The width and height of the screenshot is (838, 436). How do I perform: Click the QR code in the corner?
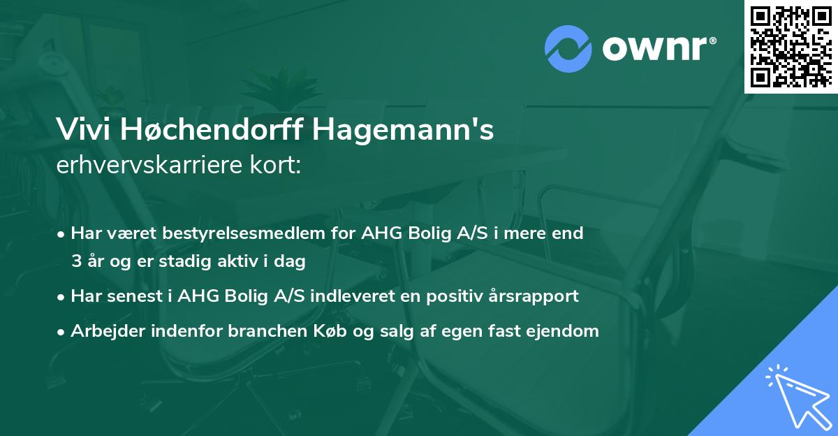791,47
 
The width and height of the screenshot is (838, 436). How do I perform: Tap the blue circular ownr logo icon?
568,48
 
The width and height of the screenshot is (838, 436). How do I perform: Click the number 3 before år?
75,262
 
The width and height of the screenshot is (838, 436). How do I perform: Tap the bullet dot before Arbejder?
62,331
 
